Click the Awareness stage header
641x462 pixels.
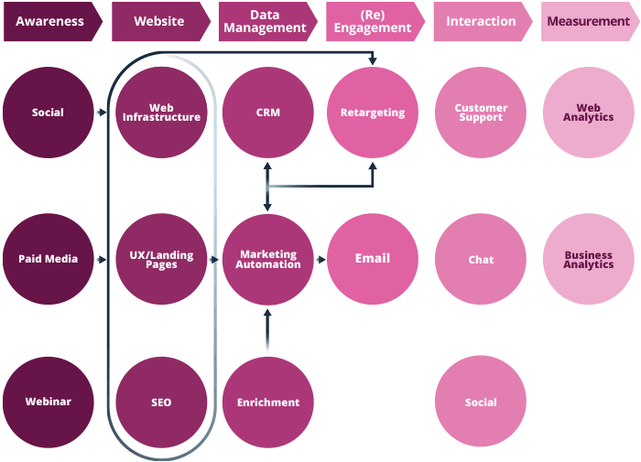(x=51, y=21)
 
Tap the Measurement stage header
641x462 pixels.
(x=588, y=21)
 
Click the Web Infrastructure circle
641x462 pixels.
(x=162, y=113)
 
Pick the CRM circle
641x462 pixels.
(x=268, y=113)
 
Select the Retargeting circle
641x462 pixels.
(x=373, y=113)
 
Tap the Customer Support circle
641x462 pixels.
(x=481, y=113)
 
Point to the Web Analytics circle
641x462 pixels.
(x=589, y=113)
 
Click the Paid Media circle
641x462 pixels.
(x=48, y=259)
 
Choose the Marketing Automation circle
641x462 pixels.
(x=268, y=259)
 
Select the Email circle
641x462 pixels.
(x=373, y=259)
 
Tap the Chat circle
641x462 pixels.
(x=481, y=259)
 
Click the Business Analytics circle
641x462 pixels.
(x=589, y=259)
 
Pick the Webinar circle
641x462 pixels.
(x=48, y=402)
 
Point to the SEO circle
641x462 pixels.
(x=162, y=402)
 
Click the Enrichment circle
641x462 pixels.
(x=268, y=402)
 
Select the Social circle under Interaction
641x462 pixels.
(x=481, y=402)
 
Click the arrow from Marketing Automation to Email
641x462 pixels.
(x=320, y=260)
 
